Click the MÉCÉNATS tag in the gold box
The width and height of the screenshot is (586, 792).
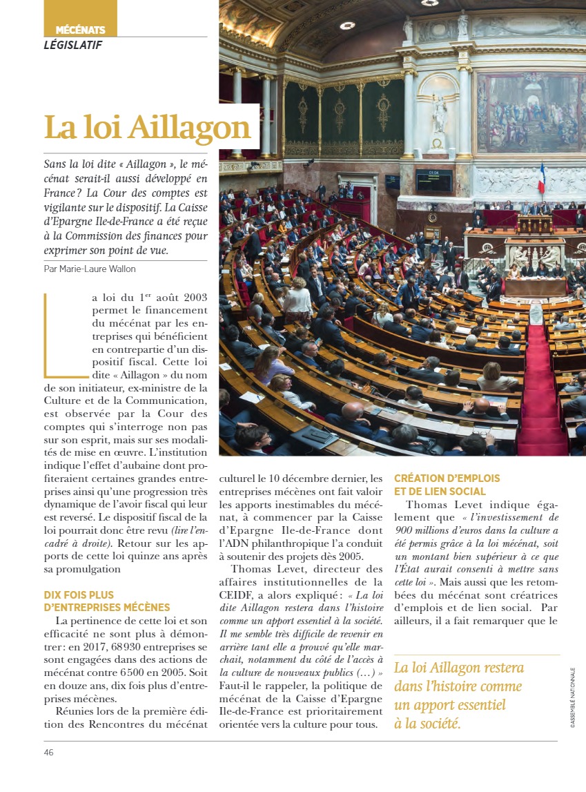pyautogui.click(x=80, y=30)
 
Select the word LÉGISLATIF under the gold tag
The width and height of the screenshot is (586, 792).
pyautogui.click(x=73, y=46)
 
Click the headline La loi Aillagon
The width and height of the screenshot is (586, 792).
pyautogui.click(x=147, y=127)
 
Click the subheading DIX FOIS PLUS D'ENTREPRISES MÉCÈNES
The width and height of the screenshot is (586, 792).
pyautogui.click(x=106, y=601)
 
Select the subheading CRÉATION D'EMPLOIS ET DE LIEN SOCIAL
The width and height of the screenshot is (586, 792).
pyautogui.click(x=447, y=485)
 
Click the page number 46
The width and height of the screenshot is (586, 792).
pyautogui.click(x=48, y=752)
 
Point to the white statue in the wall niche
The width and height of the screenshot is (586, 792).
pyautogui.click(x=439, y=114)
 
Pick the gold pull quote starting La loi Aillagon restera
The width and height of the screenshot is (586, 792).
pyautogui.click(x=458, y=695)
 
